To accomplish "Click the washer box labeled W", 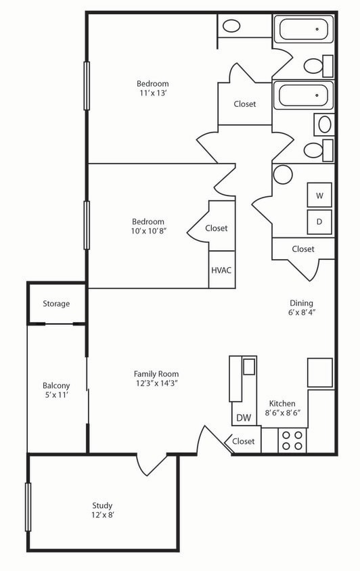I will [319, 195].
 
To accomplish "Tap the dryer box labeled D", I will [319, 221].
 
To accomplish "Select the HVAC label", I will [221, 270].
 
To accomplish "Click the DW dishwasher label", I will [244, 417].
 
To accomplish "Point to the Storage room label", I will [56, 304].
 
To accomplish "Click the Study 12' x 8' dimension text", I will [103, 515].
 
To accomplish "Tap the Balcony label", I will [56, 386].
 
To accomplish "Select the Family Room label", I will [156, 373].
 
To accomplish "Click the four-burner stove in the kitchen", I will [292, 440].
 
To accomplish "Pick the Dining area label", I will [300, 303].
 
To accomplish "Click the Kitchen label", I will [282, 403].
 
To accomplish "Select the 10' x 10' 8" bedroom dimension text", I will [148, 231].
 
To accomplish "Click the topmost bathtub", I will [303, 30].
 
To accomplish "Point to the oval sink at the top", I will [231, 26].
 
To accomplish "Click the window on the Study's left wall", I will [28, 507].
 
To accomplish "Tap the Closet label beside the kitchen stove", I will [243, 441].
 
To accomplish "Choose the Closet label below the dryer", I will [303, 249].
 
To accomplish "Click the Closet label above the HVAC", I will [217, 228].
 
